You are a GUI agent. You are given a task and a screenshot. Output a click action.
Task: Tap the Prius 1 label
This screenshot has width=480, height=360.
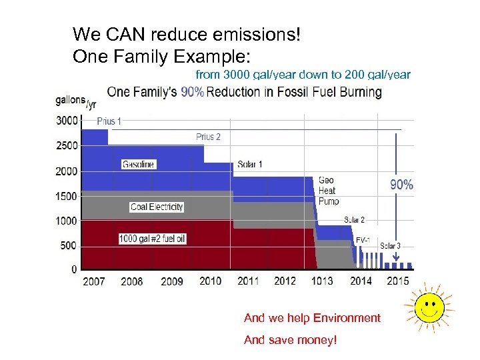pos(109,121)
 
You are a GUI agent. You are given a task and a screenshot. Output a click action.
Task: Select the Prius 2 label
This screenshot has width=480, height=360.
pos(208,137)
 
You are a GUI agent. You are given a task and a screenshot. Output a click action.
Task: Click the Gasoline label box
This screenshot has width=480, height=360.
pos(139,164)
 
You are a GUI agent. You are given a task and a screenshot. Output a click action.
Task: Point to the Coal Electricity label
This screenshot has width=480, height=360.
pos(157,207)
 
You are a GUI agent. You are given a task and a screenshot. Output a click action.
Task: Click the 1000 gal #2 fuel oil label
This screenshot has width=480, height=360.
pos(153,238)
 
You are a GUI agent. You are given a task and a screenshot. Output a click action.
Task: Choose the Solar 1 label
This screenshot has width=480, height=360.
pos(250,164)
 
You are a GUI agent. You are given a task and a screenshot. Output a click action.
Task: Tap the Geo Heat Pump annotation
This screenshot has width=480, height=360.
pos(329,191)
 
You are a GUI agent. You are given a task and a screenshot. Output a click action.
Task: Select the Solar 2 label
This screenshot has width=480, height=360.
pos(354,219)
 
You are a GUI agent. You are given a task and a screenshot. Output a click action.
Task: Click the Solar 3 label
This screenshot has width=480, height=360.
pos(391,245)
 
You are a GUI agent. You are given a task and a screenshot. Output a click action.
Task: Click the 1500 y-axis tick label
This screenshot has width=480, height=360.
pos(66,197)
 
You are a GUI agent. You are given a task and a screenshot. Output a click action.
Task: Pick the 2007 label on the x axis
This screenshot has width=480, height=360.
pos(93,281)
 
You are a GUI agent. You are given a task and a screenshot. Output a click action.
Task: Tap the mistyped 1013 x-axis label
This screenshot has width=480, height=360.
pos(322,281)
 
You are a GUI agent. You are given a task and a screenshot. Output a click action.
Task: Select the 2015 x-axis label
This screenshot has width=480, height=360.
pos(398,281)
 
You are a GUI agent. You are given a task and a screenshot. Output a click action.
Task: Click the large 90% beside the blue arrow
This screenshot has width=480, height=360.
pos(401,185)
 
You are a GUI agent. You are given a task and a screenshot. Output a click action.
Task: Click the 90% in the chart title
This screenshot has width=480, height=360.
pos(192,93)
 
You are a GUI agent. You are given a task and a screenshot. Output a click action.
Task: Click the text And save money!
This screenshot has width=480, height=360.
pos(290,340)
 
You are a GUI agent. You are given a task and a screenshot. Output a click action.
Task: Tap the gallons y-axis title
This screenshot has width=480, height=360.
pos(70,101)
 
